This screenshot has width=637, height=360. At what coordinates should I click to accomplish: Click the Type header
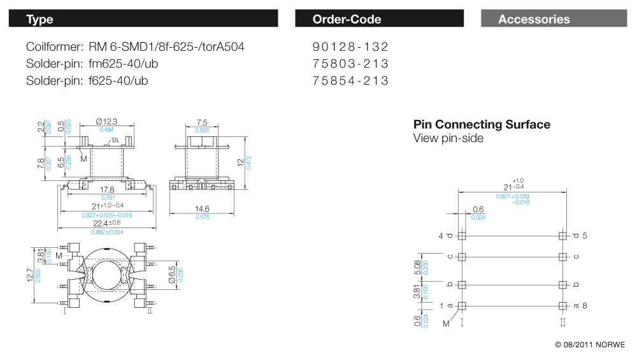[x=39, y=19]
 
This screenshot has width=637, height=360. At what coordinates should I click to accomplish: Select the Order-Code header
[x=347, y=19]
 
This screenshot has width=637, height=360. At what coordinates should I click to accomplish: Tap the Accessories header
[x=534, y=19]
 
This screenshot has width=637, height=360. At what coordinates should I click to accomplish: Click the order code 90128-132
[x=350, y=47]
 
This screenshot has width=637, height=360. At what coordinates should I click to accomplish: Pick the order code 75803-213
[x=350, y=64]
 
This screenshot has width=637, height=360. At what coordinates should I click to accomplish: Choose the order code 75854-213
[x=350, y=81]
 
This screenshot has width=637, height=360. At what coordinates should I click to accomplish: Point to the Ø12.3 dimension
[x=106, y=122]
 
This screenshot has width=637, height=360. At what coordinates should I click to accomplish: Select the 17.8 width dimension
[x=106, y=190]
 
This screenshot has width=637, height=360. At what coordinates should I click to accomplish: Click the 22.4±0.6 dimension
[x=106, y=223]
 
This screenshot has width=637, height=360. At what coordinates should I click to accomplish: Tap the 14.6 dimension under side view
[x=202, y=208]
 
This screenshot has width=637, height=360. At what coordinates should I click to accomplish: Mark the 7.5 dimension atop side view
[x=202, y=122]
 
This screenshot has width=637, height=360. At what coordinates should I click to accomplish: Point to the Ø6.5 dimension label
[x=171, y=274]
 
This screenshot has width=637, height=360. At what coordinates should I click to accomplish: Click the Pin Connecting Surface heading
[x=482, y=124]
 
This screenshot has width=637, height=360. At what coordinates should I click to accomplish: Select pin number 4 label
[x=440, y=236]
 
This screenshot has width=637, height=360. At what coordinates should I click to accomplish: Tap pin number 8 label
[x=585, y=306]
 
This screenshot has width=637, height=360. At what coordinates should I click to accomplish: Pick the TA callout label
[x=115, y=140]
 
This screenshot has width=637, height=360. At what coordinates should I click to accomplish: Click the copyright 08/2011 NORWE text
[x=590, y=345]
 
